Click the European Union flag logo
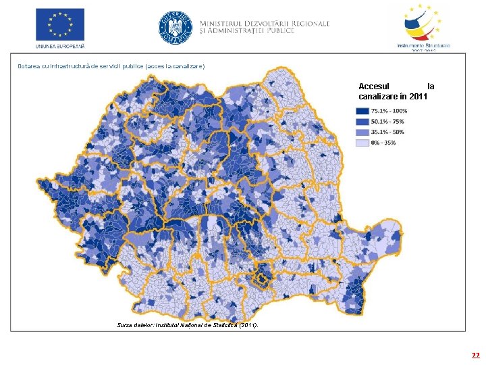tap(60, 24)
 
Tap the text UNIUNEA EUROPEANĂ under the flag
tap(60, 46)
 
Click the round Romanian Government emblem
tap(175, 28)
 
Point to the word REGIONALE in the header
tap(307, 23)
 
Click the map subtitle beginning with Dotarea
tap(111, 66)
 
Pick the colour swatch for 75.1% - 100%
tap(362, 111)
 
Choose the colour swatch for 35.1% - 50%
tap(362, 132)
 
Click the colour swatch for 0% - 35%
tap(362, 143)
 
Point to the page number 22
tap(476, 355)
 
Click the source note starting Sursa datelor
tap(187, 326)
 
